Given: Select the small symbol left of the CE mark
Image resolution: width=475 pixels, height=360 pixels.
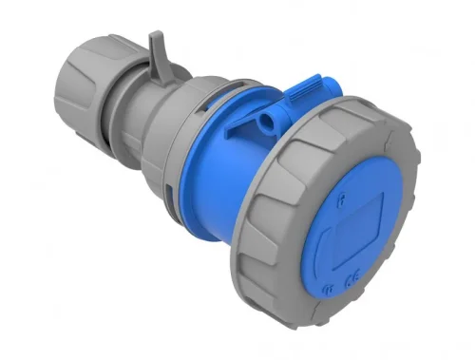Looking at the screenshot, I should (328, 285).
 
